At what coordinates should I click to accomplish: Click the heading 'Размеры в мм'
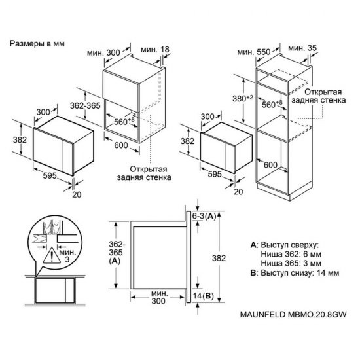tap(37, 44)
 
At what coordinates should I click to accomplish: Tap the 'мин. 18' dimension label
tap(155, 49)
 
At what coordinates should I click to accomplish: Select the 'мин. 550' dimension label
tap(254, 52)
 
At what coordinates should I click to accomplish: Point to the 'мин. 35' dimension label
tap(302, 48)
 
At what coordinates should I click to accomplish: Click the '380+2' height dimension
tap(243, 98)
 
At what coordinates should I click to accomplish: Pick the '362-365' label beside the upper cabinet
tap(85, 105)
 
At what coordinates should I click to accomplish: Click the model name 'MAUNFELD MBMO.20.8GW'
tap(293, 314)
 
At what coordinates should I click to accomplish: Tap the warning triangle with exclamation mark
tap(52, 255)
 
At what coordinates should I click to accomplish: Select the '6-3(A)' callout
tap(204, 216)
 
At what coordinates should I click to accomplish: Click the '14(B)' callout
tap(203, 296)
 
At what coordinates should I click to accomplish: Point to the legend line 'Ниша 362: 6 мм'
tap(291, 254)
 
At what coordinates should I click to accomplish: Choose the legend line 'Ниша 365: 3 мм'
tap(291, 263)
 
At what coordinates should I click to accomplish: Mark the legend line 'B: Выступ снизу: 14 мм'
tap(295, 273)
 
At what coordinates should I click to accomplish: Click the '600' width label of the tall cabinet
tap(270, 164)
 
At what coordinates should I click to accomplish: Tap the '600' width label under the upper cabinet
tap(121, 145)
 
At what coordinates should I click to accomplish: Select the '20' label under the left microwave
tap(77, 194)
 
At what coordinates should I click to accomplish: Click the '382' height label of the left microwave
tap(20, 139)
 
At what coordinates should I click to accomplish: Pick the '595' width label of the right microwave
tap(215, 174)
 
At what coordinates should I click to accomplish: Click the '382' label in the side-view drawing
tap(219, 258)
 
